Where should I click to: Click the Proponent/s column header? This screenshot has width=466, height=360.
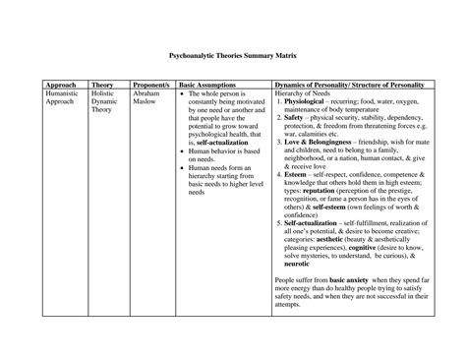[x=149, y=86]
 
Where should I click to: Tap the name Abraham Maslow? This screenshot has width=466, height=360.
[x=148, y=101]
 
